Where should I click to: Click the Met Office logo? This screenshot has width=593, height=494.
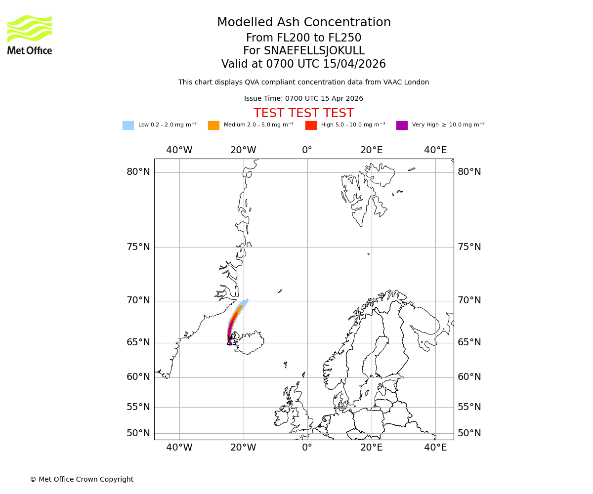[30, 35]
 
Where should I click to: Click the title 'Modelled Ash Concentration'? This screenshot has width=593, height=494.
[304, 22]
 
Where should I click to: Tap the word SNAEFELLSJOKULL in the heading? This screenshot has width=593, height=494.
[314, 51]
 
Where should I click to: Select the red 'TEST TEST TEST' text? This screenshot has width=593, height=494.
[303, 113]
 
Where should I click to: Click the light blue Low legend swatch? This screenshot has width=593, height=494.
[128, 125]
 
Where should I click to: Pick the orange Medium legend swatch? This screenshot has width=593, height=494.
[213, 125]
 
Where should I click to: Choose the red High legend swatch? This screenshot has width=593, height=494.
[311, 125]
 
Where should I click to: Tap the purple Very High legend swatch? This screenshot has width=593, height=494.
[402, 125]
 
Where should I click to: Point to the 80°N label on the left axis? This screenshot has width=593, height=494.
[138, 172]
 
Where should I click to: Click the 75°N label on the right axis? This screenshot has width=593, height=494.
[469, 247]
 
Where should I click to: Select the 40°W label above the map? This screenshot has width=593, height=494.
[179, 150]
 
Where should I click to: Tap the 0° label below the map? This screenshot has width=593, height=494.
[307, 448]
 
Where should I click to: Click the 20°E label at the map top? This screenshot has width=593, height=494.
[371, 150]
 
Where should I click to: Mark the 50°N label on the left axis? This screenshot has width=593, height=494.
[138, 433]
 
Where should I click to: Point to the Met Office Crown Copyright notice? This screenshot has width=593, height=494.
[82, 479]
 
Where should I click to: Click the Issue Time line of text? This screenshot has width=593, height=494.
[303, 98]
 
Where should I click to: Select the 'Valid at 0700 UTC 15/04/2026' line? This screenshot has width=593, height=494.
[303, 64]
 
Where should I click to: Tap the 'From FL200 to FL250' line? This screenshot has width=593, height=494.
[303, 38]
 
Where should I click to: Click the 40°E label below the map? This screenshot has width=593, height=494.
[435, 448]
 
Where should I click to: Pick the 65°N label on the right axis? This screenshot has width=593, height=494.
[469, 342]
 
